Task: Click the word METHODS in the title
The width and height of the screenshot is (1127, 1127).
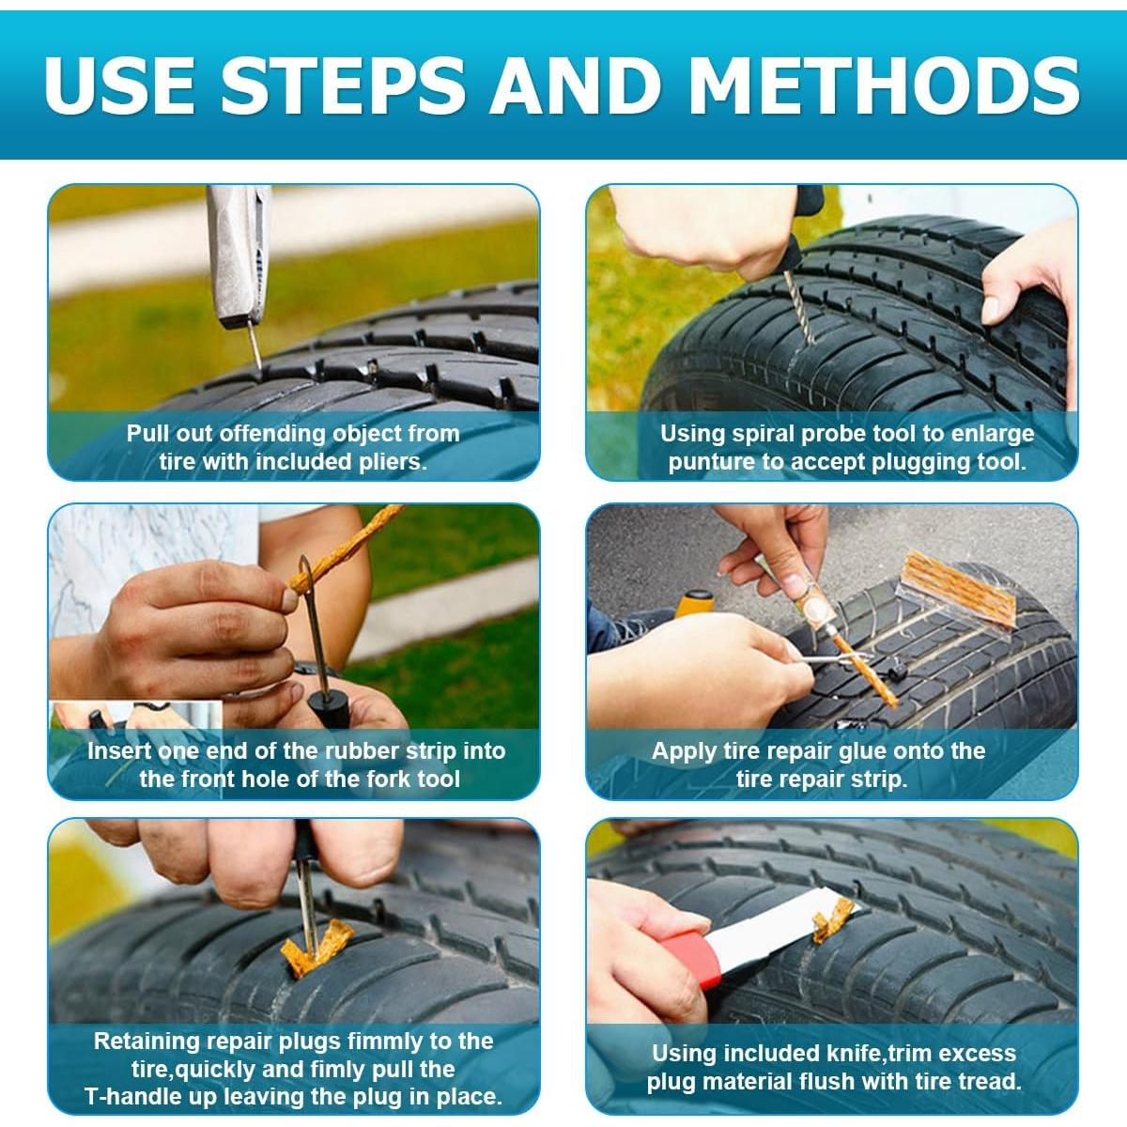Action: tap(885, 85)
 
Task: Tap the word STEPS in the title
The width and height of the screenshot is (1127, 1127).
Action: tap(344, 85)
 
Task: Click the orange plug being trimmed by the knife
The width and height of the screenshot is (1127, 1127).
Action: tap(833, 920)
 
